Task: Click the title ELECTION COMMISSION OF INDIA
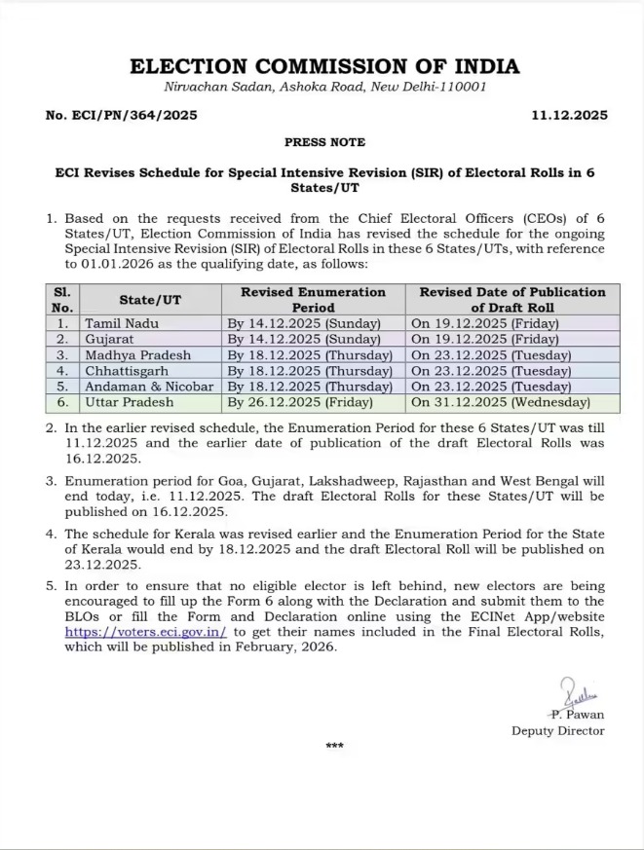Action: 324,66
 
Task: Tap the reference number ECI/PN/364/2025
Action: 122,115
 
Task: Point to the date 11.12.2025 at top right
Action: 570,115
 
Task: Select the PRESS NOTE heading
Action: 324,142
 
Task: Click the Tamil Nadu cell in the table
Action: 121,322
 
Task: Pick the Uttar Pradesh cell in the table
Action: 129,401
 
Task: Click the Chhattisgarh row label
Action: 127,370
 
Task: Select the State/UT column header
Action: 150,299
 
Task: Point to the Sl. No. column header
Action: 62,299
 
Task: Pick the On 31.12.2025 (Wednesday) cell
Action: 500,401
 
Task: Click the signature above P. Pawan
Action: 583,695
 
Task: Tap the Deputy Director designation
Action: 558,730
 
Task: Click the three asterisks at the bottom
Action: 334,747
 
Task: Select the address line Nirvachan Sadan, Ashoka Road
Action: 324,87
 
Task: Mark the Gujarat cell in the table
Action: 110,339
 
